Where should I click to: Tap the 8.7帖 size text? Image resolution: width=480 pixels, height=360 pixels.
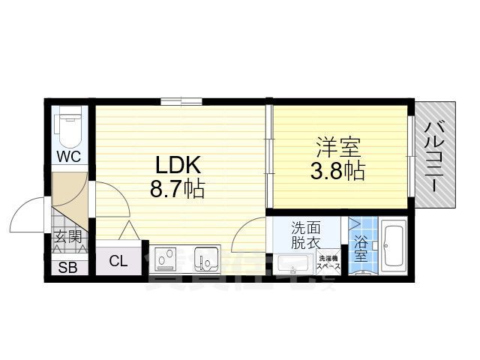(178, 190)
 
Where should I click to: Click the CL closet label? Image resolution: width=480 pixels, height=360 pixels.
(118, 262)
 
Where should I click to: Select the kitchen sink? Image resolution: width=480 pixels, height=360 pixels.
(204, 260)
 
